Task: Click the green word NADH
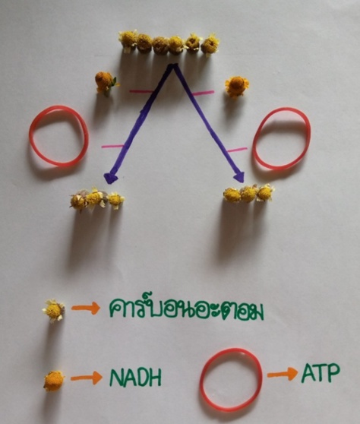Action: coord(135,378)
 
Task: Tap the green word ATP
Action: coord(321,373)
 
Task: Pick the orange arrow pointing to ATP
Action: coord(283,375)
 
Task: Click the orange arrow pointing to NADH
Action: coord(87,378)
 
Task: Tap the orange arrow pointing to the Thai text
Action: coord(86,308)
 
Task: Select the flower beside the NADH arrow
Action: coord(54,381)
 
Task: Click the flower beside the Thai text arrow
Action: coord(54,311)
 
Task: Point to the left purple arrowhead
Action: coord(111,179)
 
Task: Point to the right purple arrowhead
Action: coord(239,177)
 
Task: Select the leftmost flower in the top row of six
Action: coord(128,41)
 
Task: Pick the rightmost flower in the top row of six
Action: coord(210,45)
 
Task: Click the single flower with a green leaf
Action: coord(106,82)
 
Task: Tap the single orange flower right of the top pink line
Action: coord(237,87)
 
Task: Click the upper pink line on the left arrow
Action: coord(141,91)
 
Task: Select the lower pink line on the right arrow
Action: coord(237,150)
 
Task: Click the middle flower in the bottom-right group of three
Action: coord(248,194)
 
